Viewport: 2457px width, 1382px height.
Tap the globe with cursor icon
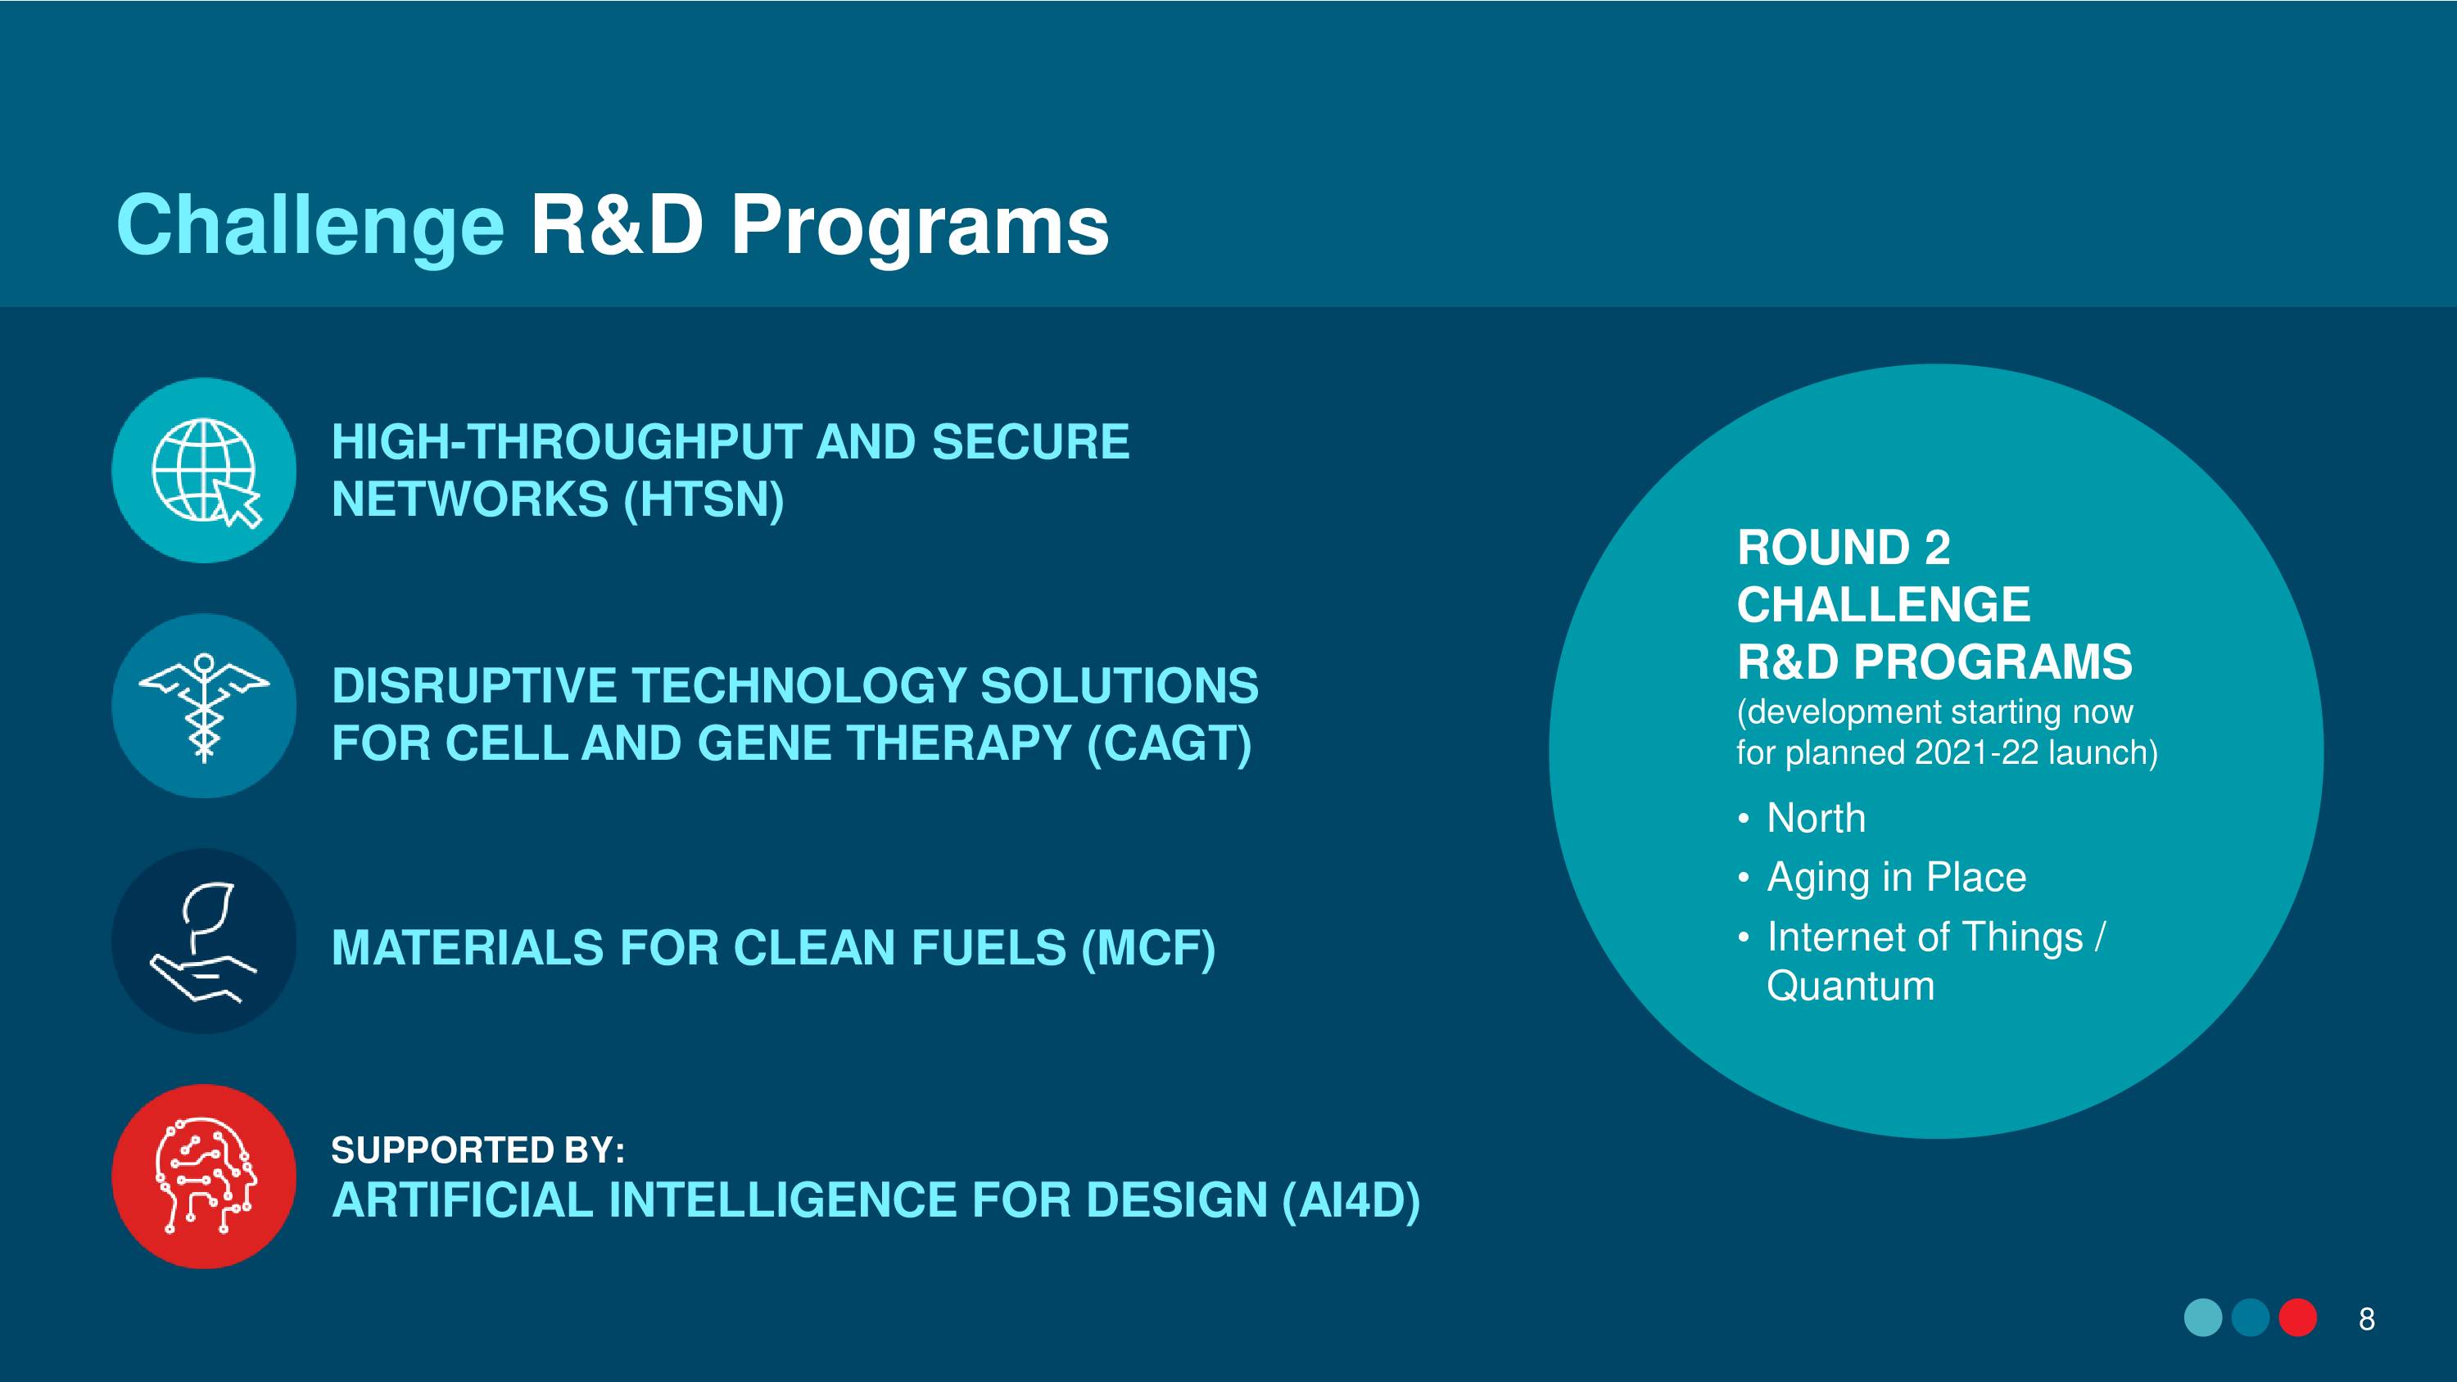pos(204,470)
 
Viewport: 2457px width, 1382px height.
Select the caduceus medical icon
pos(204,706)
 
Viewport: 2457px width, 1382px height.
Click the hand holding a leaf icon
pos(204,942)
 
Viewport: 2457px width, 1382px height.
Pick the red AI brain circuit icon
pos(204,1176)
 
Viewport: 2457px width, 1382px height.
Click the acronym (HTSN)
pos(704,499)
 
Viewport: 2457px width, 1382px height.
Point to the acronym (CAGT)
pos(1170,744)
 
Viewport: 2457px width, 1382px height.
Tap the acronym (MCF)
pos(1148,948)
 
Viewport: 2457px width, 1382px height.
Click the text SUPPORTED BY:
pos(477,1150)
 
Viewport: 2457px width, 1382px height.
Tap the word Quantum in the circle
pos(1850,987)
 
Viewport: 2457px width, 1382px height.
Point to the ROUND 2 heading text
pos(1844,548)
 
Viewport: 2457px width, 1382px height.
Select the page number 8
pos(2366,1319)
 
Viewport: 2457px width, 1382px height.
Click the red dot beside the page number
pos(2298,1318)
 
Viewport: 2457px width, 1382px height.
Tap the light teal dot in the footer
pos(2203,1318)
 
